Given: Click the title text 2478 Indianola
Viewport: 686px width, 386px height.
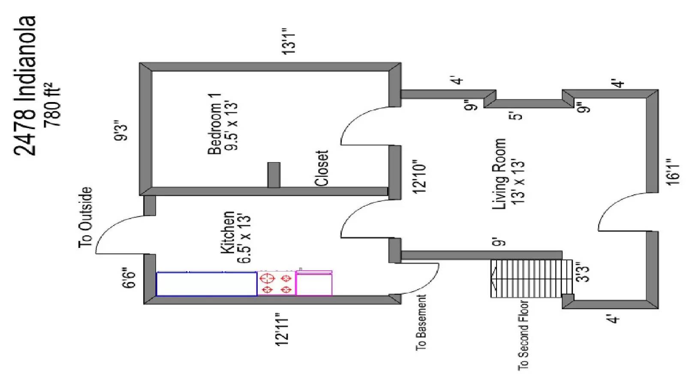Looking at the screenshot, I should click(24, 86).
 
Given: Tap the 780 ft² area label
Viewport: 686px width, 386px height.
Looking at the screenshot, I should click(53, 104).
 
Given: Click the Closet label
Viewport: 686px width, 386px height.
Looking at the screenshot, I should click(322, 168).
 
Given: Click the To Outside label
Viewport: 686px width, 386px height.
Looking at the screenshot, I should click(85, 217).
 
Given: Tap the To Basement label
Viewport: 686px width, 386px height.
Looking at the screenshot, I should click(421, 322).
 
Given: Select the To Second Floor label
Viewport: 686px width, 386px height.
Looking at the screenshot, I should click(523, 335).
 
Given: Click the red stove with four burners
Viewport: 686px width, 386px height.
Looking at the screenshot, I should click(276, 283).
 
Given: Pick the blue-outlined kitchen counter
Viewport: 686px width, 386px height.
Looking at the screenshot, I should click(206, 283).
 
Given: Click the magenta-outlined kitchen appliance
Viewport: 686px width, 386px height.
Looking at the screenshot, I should click(314, 283).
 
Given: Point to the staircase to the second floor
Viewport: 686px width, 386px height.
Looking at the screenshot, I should click(526, 278).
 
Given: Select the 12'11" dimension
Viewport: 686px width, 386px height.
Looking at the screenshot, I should click(283, 329).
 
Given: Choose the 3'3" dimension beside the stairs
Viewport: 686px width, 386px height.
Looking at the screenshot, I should click(583, 272).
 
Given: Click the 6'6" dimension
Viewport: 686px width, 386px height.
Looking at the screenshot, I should click(129, 278).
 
